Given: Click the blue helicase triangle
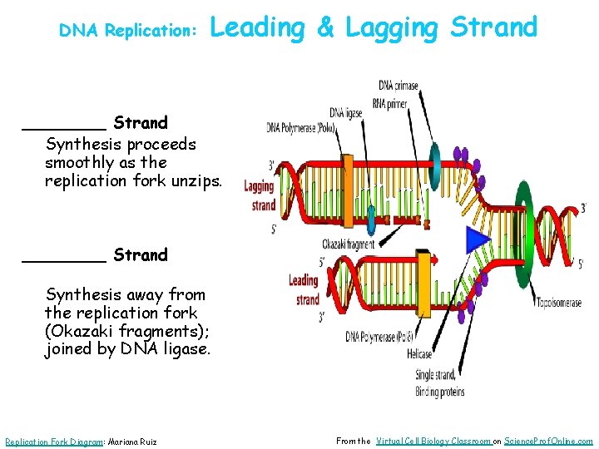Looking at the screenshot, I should tap(478, 240).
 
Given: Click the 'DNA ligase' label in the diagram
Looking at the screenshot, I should tap(346, 113).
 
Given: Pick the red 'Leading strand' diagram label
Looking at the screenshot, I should tap(304, 290).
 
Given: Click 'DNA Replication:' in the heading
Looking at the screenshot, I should tap(127, 30).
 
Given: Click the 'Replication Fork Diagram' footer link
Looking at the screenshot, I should tap(52, 442).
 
